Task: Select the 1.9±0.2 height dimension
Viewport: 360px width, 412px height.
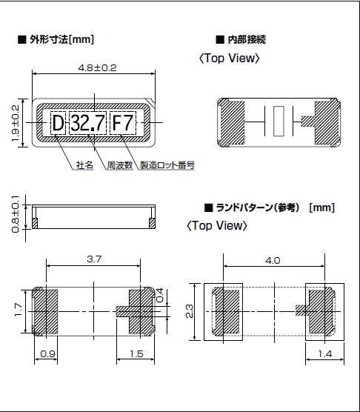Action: pyautogui.click(x=15, y=122)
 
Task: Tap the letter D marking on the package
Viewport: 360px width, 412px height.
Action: pyautogui.click(x=58, y=122)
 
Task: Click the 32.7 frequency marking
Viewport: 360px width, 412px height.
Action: pyautogui.click(x=88, y=122)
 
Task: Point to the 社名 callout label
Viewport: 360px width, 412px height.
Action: pyautogui.click(x=84, y=165)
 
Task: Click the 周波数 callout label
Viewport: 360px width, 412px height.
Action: pyautogui.click(x=119, y=165)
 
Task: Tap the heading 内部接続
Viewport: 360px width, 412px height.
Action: pyautogui.click(x=244, y=39)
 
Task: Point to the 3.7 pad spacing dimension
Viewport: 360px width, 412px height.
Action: pyautogui.click(x=94, y=259)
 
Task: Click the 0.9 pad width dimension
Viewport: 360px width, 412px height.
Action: pyautogui.click(x=47, y=354)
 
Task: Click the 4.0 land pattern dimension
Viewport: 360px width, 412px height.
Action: pyautogui.click(x=273, y=260)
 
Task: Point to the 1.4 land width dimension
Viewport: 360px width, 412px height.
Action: pyautogui.click(x=323, y=354)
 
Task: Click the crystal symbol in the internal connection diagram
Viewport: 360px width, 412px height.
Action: pyautogui.click(x=279, y=122)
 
